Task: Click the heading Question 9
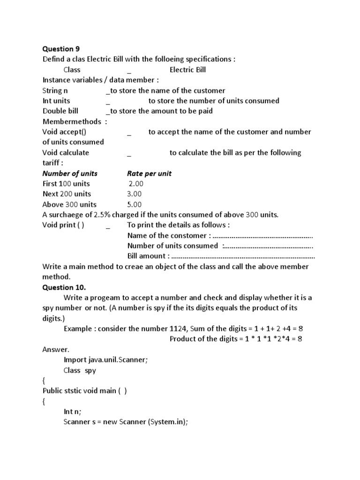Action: [58, 49]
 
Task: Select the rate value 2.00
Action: [136, 184]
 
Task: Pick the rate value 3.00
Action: [135, 194]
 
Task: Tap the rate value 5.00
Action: [135, 204]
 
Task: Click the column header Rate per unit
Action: [149, 173]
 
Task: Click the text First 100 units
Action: [66, 184]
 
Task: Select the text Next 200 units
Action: [67, 194]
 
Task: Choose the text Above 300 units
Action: [69, 204]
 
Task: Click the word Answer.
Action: [56, 349]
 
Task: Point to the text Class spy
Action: [80, 370]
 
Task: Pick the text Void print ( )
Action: [63, 225]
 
